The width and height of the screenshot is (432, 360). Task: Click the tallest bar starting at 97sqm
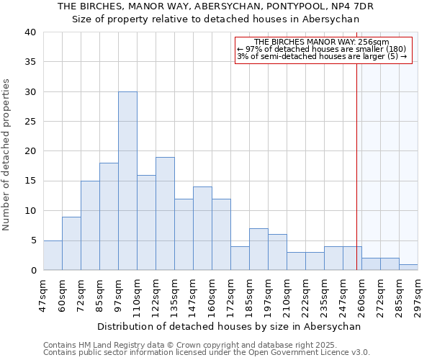point(127,181)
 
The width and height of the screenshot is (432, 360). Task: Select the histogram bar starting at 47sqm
point(53,255)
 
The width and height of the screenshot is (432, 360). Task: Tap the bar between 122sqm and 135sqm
point(165,214)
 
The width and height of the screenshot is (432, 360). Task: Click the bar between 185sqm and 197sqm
point(258,249)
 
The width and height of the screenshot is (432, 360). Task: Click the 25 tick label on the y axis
point(31,122)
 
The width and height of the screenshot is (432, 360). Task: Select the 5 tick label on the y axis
point(34,240)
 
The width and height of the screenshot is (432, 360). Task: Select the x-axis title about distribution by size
point(228,326)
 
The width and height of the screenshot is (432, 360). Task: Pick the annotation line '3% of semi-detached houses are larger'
point(322,56)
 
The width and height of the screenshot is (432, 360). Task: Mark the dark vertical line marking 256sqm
point(356,166)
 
